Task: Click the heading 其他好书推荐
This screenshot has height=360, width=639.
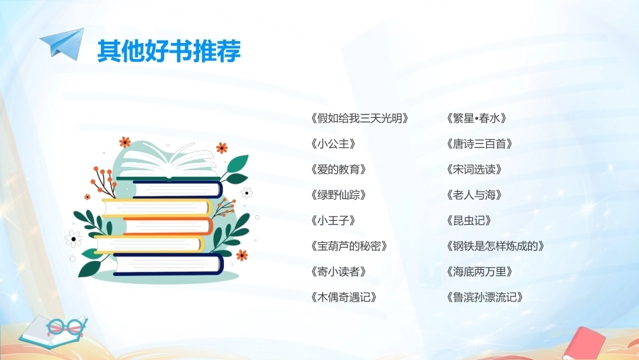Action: pos(169,51)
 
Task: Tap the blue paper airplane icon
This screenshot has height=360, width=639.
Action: pos(63,44)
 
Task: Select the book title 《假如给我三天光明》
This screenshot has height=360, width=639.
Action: pos(359,118)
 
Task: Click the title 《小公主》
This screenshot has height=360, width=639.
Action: pos(333,144)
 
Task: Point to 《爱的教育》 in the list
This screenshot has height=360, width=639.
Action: pos(338,170)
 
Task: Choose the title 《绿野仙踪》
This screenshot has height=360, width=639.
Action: pos(338,195)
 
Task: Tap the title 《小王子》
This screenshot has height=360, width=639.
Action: pos(333,221)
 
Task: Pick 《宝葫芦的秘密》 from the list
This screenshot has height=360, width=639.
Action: pos(349,246)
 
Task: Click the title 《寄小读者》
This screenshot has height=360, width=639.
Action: pos(338,272)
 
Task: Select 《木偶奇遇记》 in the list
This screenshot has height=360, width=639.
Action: pos(344,297)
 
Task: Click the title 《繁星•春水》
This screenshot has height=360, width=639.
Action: pos(476,118)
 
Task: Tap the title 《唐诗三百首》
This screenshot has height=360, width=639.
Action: pos(479,144)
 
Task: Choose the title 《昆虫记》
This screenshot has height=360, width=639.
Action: pos(469,221)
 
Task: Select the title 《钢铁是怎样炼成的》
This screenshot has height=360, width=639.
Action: pos(495,246)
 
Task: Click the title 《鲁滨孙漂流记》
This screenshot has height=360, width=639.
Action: pos(484,297)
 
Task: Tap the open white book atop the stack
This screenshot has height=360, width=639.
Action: pos(168,163)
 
